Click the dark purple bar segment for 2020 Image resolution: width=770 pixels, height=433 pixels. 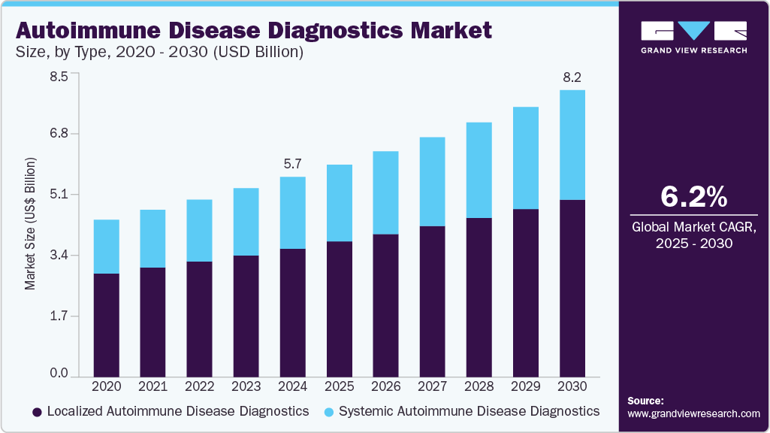[x=106, y=324]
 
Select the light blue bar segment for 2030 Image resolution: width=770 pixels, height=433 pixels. [x=572, y=144]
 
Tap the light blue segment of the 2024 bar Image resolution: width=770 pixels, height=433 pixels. [x=292, y=212]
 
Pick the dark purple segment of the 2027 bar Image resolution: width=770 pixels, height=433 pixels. [x=432, y=301]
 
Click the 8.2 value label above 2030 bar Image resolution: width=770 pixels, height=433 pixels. [x=572, y=77]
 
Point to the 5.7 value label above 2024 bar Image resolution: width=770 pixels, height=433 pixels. [x=292, y=163]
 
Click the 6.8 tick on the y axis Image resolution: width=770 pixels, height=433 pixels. [x=59, y=134]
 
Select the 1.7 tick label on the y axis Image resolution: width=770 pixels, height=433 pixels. [x=59, y=316]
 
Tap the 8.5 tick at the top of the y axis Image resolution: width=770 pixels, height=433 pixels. [x=59, y=76]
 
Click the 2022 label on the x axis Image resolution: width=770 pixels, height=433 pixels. [x=199, y=386]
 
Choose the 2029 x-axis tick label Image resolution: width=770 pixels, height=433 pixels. [x=526, y=386]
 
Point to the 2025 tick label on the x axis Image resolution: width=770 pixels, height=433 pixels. [x=339, y=386]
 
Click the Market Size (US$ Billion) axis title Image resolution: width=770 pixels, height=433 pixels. [x=31, y=224]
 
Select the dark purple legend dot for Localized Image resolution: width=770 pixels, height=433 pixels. [x=36, y=412]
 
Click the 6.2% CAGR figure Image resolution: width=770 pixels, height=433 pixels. [x=693, y=197]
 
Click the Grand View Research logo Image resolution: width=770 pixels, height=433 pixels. [x=693, y=37]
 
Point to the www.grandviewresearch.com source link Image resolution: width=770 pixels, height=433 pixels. [x=693, y=413]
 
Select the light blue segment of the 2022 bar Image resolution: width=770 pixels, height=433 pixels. [x=199, y=230]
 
